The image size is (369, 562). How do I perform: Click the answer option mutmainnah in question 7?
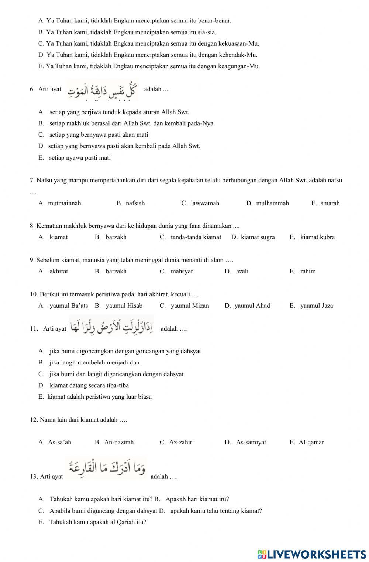(x=64, y=203)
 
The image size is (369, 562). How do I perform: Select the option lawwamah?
(x=205, y=203)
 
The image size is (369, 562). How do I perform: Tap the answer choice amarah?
(x=330, y=203)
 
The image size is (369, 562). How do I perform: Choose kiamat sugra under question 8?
(x=258, y=237)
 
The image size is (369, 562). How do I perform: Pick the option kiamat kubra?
(x=317, y=237)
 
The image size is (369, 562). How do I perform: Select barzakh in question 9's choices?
(x=116, y=271)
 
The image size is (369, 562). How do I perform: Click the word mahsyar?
(x=182, y=271)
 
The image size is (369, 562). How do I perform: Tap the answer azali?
(x=242, y=271)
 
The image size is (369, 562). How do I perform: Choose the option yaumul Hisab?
(x=124, y=306)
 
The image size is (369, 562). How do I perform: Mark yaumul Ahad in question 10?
(x=252, y=306)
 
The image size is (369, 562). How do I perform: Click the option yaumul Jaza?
(x=316, y=306)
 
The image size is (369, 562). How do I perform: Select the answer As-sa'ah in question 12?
(x=59, y=442)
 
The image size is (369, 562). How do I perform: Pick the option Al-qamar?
(x=311, y=442)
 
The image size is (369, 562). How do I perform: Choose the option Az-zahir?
(x=180, y=442)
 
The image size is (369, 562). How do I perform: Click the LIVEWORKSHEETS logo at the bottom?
(x=312, y=554)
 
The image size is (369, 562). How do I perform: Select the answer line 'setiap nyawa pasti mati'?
(x=80, y=158)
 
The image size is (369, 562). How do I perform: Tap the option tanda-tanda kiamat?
(x=196, y=237)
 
